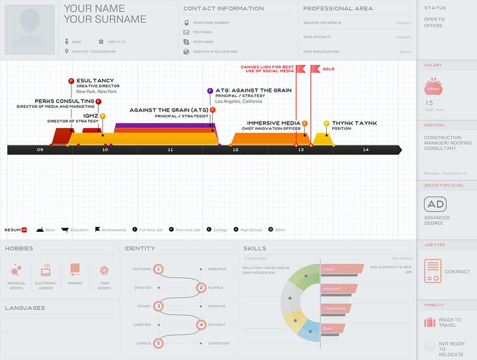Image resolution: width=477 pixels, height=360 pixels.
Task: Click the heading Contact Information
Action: [223, 8]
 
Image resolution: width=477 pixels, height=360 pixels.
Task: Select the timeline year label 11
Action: [170, 150]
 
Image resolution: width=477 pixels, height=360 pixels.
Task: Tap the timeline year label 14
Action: [366, 150]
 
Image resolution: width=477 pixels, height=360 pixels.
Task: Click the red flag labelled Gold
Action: [315, 69]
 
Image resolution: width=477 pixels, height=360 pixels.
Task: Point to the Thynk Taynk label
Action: [354, 123]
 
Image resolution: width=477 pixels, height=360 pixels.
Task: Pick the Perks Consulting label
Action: [64, 101]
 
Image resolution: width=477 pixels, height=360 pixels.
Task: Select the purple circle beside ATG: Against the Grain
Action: [210, 91]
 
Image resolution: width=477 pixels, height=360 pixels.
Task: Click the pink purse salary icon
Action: [433, 87]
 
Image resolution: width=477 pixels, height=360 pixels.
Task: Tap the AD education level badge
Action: [435, 204]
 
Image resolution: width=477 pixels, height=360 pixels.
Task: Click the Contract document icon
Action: [433, 271]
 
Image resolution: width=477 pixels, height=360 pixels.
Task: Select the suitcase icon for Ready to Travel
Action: [429, 322]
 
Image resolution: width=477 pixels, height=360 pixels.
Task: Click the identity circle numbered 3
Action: [158, 306]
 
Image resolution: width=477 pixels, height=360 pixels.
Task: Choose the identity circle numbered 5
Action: [158, 343]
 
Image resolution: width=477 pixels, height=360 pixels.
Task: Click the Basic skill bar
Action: [333, 328]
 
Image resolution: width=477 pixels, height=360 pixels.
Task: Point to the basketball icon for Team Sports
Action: [104, 269]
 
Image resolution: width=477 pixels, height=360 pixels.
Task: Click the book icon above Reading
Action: [75, 269]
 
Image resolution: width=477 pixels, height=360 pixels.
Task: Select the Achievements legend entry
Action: [110, 229]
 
